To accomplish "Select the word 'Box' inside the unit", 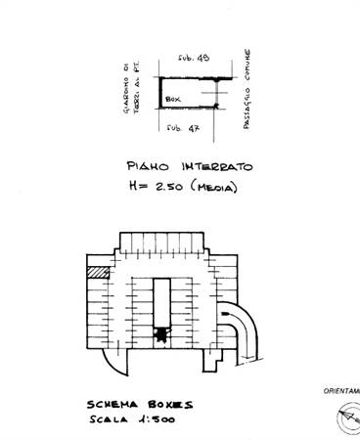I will click(174, 100).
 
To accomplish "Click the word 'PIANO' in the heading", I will click(150, 166).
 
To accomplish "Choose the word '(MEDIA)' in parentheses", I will click(219, 186).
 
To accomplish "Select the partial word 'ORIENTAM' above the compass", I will click(341, 391).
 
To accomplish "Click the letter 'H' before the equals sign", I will click(133, 187).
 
